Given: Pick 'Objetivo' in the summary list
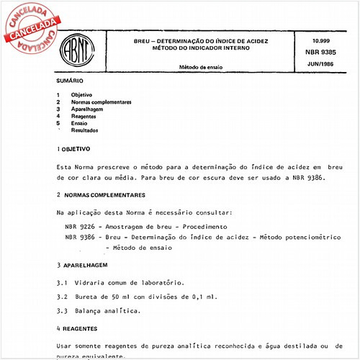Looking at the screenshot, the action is pyautogui.click(x=81, y=95).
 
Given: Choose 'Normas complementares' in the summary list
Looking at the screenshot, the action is pyautogui.click(x=101, y=102).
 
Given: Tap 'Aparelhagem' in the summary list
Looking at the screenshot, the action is pyautogui.click(x=87, y=109).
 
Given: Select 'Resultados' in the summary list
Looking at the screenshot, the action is pyautogui.click(x=84, y=130).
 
